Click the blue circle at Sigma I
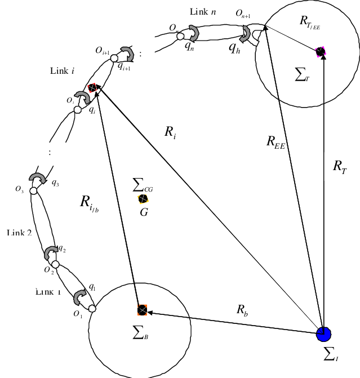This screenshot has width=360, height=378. [x=323, y=334]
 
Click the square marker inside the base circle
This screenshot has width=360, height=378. [x=142, y=309]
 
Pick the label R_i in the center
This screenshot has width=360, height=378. [x=170, y=132]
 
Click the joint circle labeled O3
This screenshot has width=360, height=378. [x=33, y=192]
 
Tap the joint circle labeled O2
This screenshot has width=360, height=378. [x=50, y=263]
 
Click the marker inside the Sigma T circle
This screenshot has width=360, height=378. [x=321, y=52]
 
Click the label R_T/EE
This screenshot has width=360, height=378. [x=310, y=23]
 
